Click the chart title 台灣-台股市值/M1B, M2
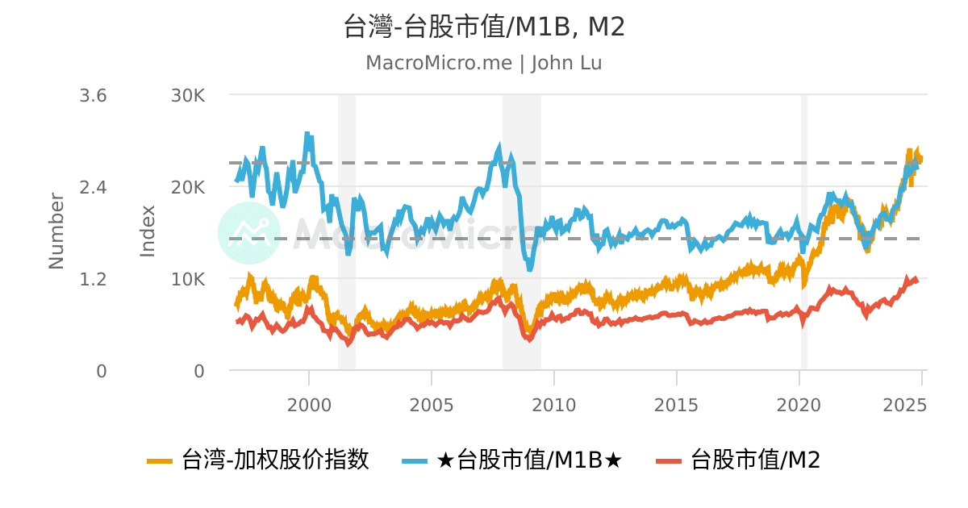[484, 27]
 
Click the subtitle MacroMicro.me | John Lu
[484, 63]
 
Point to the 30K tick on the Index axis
[188, 96]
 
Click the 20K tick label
[188, 187]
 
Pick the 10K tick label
[188, 279]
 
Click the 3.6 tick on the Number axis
[94, 96]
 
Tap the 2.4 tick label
[94, 187]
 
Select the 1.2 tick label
[94, 279]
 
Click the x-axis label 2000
[309, 404]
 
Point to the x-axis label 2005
[432, 404]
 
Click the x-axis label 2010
[554, 404]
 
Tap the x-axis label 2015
[676, 404]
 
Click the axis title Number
[56, 231]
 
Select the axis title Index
[148, 231]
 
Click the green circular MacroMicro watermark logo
[249, 232]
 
